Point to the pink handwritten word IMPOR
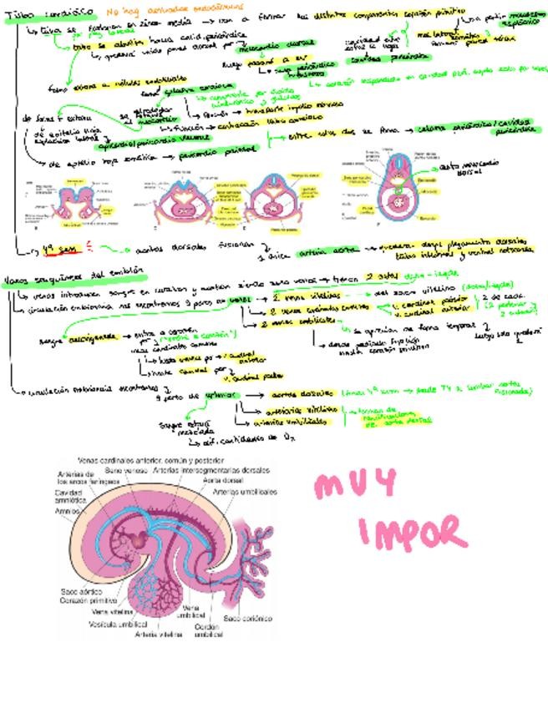(411, 532)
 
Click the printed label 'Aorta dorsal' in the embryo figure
(223, 481)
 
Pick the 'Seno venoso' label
(124, 470)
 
